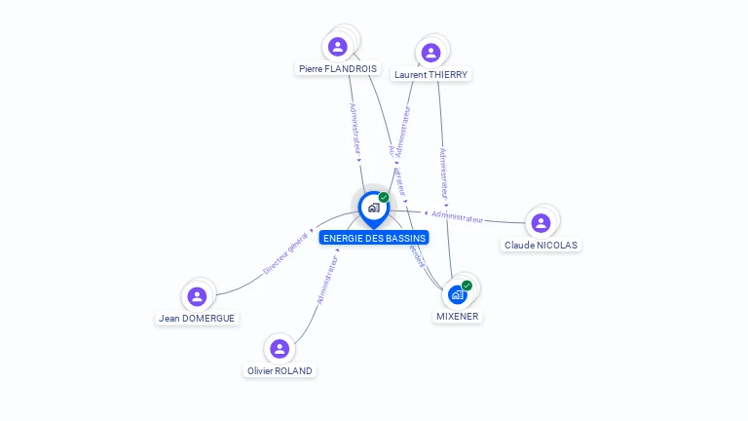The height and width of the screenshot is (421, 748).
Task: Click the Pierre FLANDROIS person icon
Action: pos(338,46)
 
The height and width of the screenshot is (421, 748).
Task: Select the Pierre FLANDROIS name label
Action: pos(338,69)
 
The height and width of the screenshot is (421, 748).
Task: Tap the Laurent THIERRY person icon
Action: pos(431,52)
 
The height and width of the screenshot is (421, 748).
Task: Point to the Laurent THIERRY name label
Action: pos(430,75)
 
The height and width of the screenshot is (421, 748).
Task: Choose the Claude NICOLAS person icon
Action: pos(541,222)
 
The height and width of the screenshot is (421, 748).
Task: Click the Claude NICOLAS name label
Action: pos(541,246)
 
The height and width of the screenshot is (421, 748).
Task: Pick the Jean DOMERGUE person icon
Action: pos(197,295)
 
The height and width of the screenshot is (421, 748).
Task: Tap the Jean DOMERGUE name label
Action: pos(197,319)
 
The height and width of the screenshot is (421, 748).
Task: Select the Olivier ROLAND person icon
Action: pos(280,348)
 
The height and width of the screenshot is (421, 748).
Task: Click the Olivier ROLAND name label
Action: pos(280,371)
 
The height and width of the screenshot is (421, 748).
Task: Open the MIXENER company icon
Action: pos(457,293)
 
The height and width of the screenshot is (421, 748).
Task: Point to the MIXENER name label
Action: pos(457,317)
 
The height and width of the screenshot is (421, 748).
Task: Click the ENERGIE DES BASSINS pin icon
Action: pos(373,208)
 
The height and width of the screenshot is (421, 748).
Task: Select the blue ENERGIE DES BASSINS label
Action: pos(374,238)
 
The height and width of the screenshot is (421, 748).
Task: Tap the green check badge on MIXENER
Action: pos(467,285)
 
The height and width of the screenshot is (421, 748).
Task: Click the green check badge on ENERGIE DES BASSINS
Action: pos(384,197)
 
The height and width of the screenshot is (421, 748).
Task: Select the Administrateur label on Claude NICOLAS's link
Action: pos(458,216)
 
